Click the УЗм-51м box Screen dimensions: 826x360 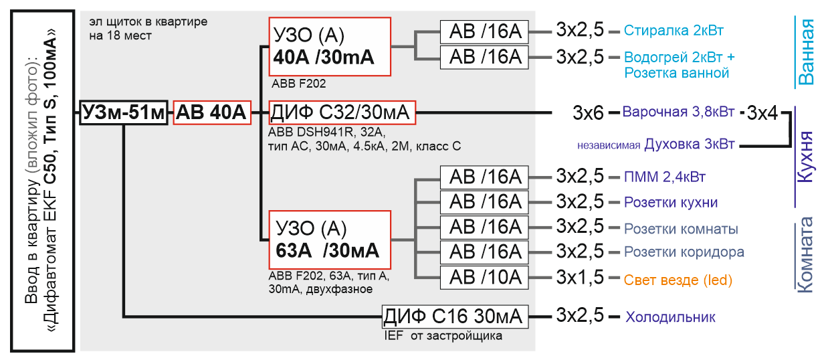pos(124,112)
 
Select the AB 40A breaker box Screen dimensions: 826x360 pos(212,112)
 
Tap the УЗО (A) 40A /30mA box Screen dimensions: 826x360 pos(330,46)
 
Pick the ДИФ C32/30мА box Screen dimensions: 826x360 pos(342,112)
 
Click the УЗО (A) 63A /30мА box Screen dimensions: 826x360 pos(330,240)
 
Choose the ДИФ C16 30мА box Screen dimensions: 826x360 pos(455,317)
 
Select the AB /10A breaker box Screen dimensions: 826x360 pos(484,278)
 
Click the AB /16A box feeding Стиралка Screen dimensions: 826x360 pos(484,32)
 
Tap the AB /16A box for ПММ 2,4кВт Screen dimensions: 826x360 pos(484,177)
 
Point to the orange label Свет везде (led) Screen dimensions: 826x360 pos(678,280)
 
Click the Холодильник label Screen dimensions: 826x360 pos(670,317)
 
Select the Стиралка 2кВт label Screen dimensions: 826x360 pos(674,30)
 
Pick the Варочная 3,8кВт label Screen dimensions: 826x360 pos(678,112)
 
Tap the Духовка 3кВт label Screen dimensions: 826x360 pos(689,145)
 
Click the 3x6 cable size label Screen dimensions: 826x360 pos(588,113)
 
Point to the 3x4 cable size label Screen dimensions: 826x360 pos(762,113)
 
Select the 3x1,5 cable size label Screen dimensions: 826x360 pos(580,278)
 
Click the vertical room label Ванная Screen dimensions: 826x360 pos(805,52)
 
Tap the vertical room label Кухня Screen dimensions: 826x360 pos(805,157)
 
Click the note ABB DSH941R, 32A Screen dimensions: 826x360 pos(326,132)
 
